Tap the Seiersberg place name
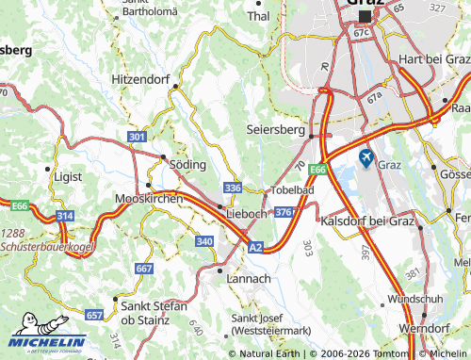point(276,128)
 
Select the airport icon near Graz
point(365,157)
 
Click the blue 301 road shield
point(138,138)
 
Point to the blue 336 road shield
point(233,188)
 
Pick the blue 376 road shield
point(284,212)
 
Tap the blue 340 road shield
point(204,241)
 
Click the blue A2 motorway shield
point(256,247)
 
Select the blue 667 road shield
point(144,269)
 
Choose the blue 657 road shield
point(94,315)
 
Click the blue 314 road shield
point(65,217)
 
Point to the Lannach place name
point(250,279)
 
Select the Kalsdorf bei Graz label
point(368,221)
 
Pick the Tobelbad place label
point(292,189)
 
